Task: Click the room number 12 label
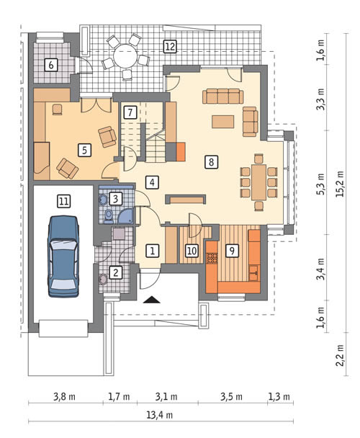(170, 46)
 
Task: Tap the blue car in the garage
(63, 256)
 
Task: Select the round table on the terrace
(126, 55)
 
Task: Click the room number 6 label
(51, 65)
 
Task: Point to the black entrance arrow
(152, 300)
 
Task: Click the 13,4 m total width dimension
(160, 415)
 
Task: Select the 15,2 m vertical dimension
(340, 184)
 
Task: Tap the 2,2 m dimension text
(340, 354)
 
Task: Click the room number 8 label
(211, 162)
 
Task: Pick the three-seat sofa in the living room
(222, 96)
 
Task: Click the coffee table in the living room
(222, 122)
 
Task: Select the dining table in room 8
(258, 182)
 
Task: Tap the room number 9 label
(232, 251)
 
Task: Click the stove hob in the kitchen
(212, 258)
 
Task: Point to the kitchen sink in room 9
(253, 273)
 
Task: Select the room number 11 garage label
(63, 201)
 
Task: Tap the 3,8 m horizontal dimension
(64, 397)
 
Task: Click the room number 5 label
(84, 150)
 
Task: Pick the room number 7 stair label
(130, 112)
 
